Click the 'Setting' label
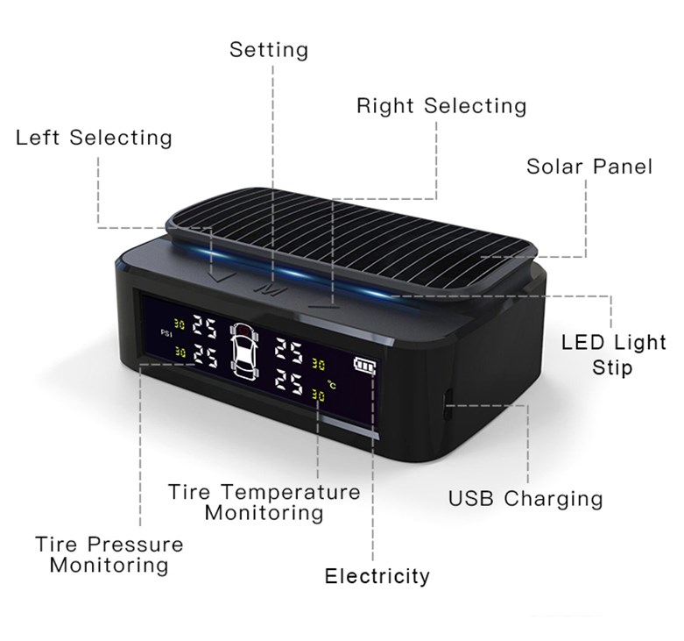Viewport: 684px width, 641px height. (269, 50)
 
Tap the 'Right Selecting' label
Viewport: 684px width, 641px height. (441, 106)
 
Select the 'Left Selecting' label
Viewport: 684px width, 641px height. (94, 138)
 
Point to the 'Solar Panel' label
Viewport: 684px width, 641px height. (589, 167)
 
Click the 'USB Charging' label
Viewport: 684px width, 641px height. (525, 499)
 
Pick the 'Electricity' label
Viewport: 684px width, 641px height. (377, 576)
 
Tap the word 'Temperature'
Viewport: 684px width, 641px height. (291, 492)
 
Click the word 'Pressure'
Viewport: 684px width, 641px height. (135, 545)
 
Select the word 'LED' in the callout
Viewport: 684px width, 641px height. (579, 342)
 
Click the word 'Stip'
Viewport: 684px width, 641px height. (612, 367)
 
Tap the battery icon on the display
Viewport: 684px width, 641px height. (364, 366)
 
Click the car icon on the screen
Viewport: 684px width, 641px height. (243, 350)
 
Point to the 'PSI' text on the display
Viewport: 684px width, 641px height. (166, 333)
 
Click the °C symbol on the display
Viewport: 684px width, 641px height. (332, 384)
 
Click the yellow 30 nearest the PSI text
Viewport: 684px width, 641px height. (180, 324)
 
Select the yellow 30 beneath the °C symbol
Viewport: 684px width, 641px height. (319, 395)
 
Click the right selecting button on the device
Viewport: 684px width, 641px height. (324, 307)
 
